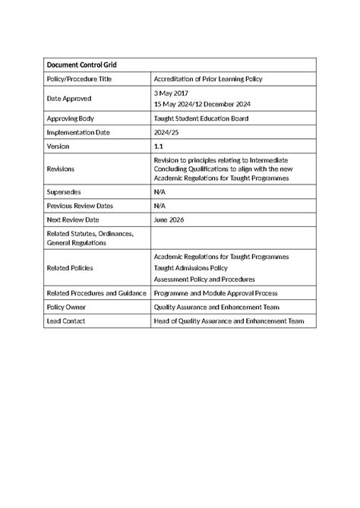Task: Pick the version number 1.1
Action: [159, 145]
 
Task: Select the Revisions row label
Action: [62, 168]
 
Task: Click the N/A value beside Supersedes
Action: [160, 194]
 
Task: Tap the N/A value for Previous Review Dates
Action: [160, 207]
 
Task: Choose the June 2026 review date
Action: [169, 219]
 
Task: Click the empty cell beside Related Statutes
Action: [232, 238]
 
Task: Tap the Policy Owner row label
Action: [66, 307]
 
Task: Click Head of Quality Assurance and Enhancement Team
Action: [229, 321]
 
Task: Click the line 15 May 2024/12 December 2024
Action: [202, 104]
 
